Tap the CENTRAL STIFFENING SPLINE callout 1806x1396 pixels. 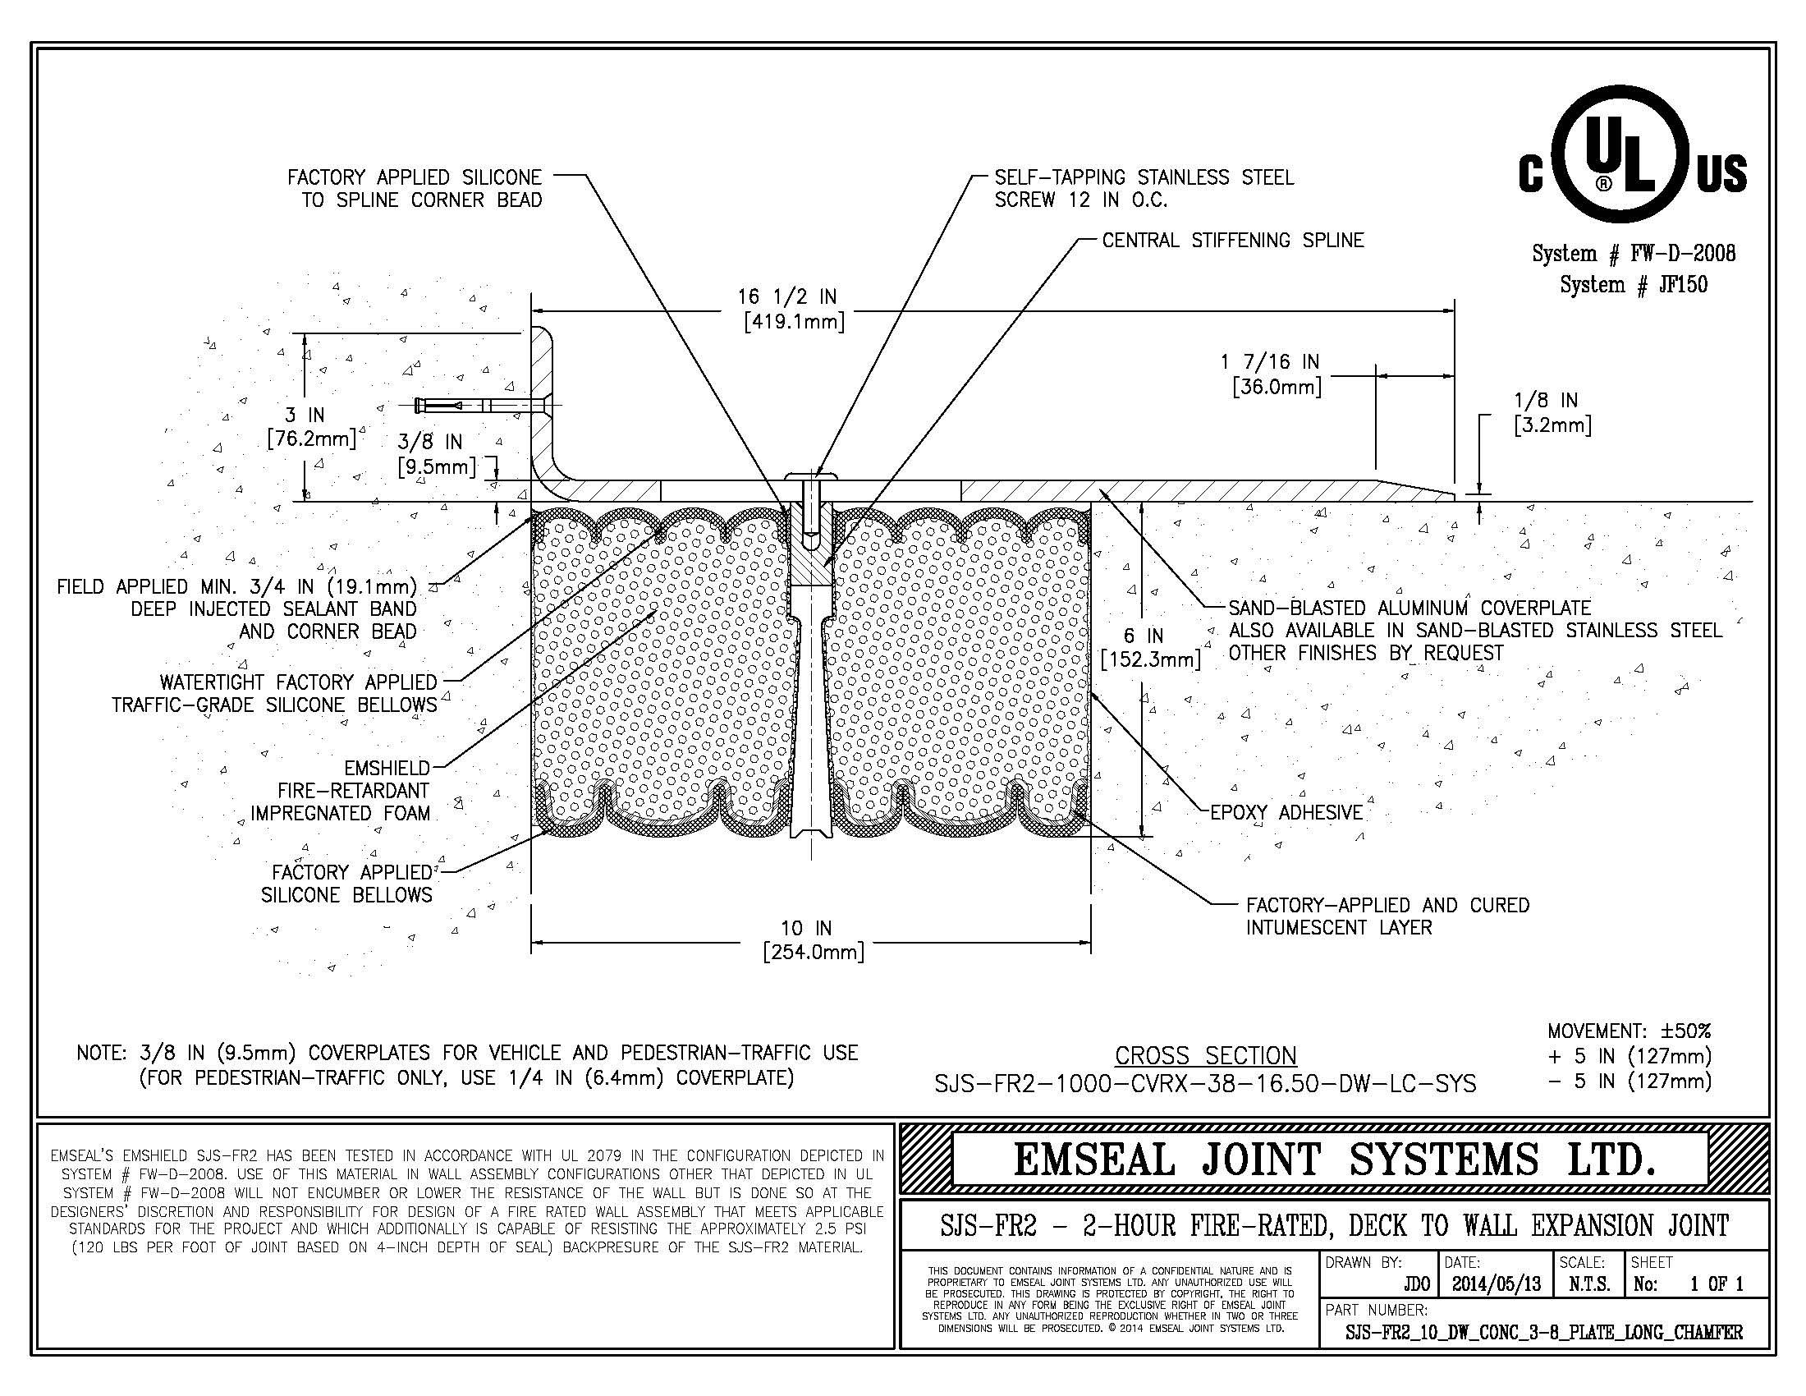1232,241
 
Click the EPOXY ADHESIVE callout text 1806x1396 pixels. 1286,812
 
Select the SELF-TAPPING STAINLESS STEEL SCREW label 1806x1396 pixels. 1144,189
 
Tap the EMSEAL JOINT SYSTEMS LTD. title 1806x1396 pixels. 1333,1159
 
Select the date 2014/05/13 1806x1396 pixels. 1497,1283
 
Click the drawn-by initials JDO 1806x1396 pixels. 1417,1283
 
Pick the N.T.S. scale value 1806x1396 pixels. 1588,1283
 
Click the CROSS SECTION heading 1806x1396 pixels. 1206,1055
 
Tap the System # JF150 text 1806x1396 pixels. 1633,284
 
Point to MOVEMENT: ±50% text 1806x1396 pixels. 1628,1031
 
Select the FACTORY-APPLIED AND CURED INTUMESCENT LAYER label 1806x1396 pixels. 1387,916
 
